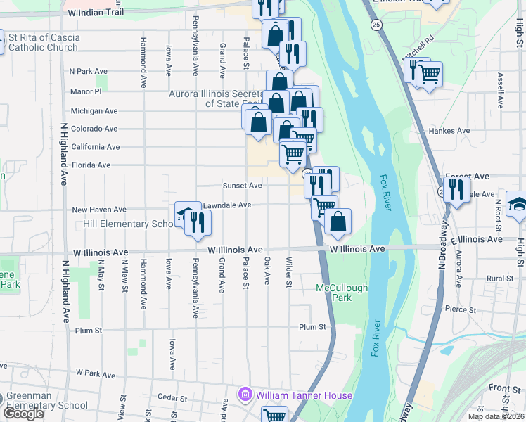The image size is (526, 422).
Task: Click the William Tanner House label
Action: [304, 395]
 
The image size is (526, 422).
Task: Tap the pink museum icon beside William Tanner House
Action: [245, 395]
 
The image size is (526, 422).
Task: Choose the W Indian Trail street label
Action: [96, 13]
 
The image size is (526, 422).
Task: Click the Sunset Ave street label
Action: [242, 186]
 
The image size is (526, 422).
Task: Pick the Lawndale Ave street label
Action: [227, 205]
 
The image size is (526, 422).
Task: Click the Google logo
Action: [23, 414]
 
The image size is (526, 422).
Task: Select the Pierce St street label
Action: [461, 309]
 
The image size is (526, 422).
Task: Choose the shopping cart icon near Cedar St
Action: [274, 416]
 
